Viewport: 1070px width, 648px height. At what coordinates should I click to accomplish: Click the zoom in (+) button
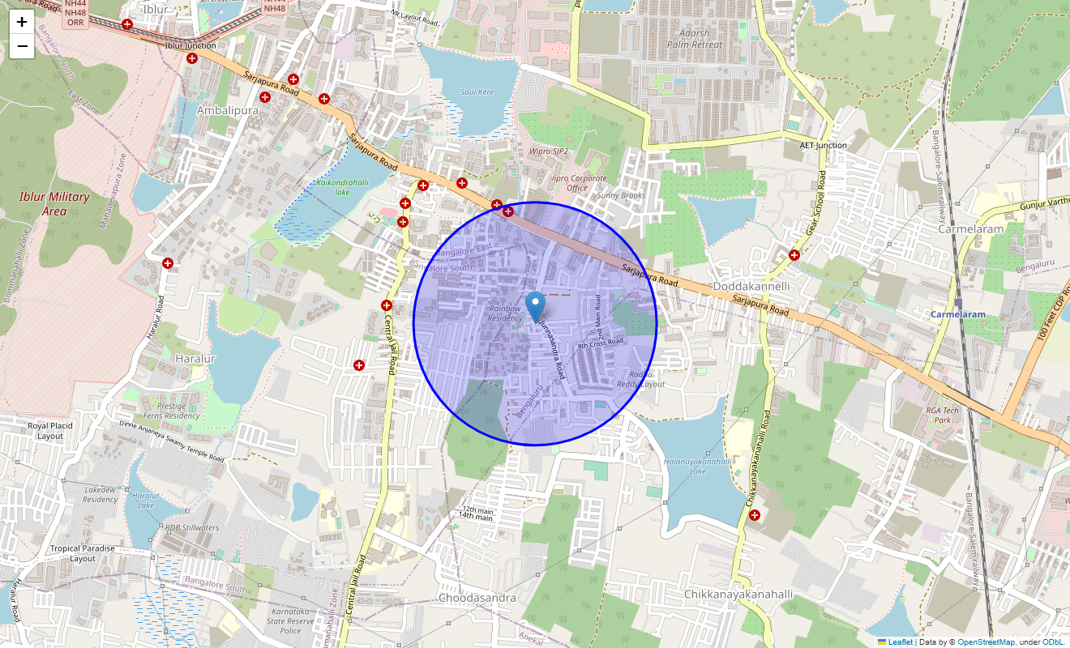[x=22, y=22]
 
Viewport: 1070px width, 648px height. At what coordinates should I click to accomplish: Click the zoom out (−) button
[x=22, y=46]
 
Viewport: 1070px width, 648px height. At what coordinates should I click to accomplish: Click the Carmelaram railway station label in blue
[x=957, y=314]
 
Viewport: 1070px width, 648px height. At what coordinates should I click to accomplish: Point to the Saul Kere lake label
[x=477, y=92]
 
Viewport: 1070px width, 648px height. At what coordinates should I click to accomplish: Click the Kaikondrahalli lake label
[x=343, y=187]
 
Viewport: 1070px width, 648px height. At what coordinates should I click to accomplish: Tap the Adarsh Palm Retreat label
[x=695, y=39]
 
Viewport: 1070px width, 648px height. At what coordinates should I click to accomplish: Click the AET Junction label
[x=823, y=146]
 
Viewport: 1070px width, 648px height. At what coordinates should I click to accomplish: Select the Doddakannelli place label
[x=751, y=287]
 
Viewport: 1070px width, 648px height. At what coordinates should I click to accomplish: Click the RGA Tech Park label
[x=942, y=415]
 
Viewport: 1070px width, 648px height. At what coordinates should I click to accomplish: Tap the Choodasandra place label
[x=477, y=598]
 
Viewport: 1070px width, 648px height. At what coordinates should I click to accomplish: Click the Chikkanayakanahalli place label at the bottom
[x=738, y=595]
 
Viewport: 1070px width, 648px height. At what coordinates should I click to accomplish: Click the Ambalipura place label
[x=227, y=110]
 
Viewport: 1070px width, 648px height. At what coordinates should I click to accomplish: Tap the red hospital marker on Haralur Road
[x=168, y=263]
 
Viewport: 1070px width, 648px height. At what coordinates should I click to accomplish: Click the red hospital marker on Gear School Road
[x=794, y=255]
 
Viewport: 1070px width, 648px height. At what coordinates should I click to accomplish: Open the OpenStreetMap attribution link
[x=986, y=642]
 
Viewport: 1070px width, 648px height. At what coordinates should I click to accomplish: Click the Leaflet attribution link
[x=900, y=642]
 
